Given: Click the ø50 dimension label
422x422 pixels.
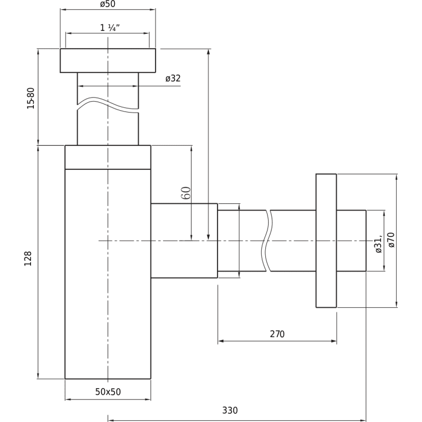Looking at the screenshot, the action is [x=108, y=4].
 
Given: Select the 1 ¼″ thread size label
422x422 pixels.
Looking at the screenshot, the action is [x=110, y=28].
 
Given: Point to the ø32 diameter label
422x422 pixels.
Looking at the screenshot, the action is [x=173, y=78].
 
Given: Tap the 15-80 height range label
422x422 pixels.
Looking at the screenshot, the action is [x=31, y=98].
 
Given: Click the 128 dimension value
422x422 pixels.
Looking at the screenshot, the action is [x=28, y=258].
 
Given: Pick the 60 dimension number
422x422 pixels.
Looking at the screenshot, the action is [x=186, y=193].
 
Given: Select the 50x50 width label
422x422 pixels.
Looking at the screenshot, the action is [x=108, y=392].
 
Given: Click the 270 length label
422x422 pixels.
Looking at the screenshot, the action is [x=277, y=334].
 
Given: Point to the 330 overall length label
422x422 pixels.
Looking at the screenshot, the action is [x=230, y=411].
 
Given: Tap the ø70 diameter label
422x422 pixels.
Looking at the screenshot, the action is [x=392, y=240].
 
